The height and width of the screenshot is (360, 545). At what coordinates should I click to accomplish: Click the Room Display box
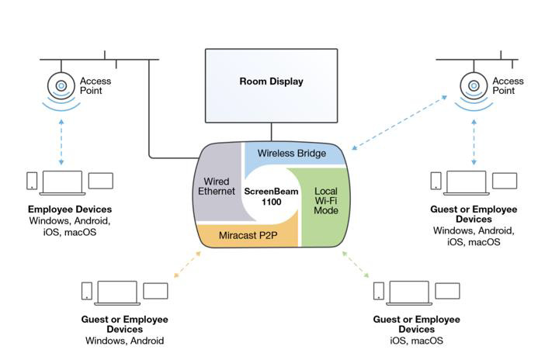pyautogui.click(x=271, y=81)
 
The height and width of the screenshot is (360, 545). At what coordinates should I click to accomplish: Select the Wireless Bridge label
pyautogui.click(x=292, y=154)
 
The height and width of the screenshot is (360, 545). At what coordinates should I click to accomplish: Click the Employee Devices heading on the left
pyautogui.click(x=70, y=209)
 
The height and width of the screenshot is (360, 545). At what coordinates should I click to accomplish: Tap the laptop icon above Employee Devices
pyautogui.click(x=62, y=182)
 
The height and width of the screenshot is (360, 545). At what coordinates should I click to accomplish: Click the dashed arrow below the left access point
pyautogui.click(x=61, y=144)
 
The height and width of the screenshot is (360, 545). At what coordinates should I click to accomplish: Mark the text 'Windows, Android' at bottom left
pyautogui.click(x=124, y=341)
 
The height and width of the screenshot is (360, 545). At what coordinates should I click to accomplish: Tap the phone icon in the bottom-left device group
pyautogui.click(x=87, y=291)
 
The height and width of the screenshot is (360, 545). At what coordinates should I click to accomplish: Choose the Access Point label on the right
pyautogui.click(x=509, y=85)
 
